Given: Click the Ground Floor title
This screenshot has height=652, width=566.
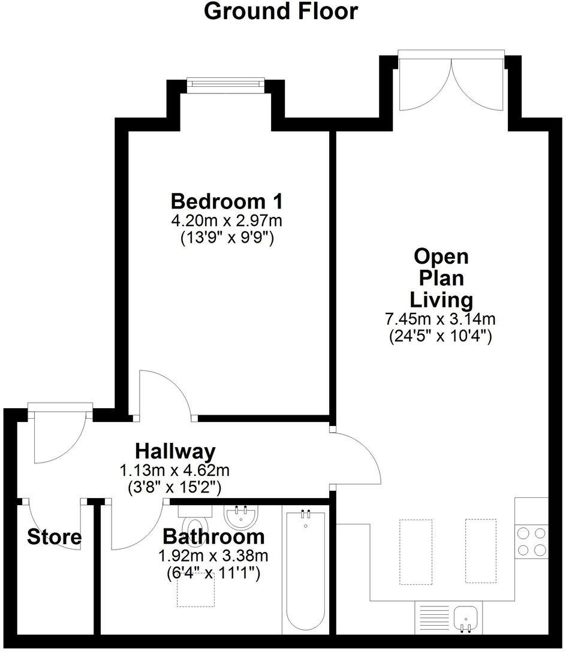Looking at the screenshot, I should pos(281,11).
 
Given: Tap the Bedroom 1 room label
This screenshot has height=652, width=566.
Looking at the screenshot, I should pos(227,200).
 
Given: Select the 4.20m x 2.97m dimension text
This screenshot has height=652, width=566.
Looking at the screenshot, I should pos(227,221).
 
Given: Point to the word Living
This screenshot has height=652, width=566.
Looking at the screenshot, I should pos(441,298).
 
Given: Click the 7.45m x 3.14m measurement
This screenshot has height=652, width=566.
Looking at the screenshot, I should pos(441,319).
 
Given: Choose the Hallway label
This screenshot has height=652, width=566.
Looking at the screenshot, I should pos(174,450).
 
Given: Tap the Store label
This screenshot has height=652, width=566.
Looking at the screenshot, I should pos(54,537).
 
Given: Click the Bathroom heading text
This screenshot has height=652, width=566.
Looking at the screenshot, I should pos(213,535).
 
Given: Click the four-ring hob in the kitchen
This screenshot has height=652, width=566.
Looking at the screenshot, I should pos(531,541).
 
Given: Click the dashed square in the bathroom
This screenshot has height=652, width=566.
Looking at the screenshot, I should pos(195,590).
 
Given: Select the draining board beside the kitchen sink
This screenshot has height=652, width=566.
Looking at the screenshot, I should pos(429,617).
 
